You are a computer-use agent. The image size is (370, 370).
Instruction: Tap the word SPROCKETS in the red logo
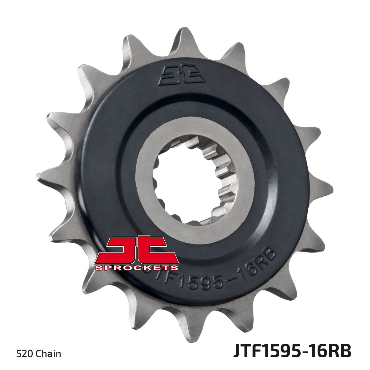pyautogui.click(x=137, y=267)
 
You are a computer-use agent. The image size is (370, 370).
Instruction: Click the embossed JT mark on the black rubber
pyautogui.click(x=182, y=76)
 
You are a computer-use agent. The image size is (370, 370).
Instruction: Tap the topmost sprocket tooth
pyautogui.click(x=184, y=39)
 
